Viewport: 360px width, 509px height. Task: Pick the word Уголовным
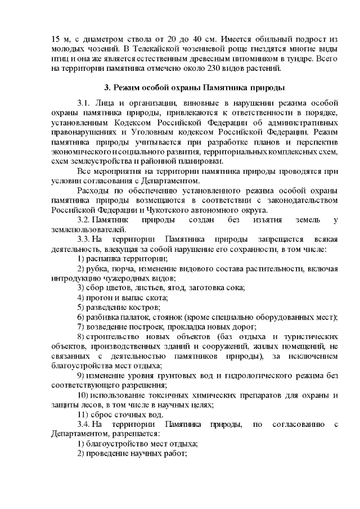coord(155,133)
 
